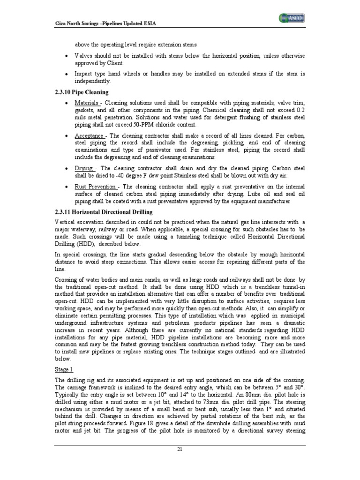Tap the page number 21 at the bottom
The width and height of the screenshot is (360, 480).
180,462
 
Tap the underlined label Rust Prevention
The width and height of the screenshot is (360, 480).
96,187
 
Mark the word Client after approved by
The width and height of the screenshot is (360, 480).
114,63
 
